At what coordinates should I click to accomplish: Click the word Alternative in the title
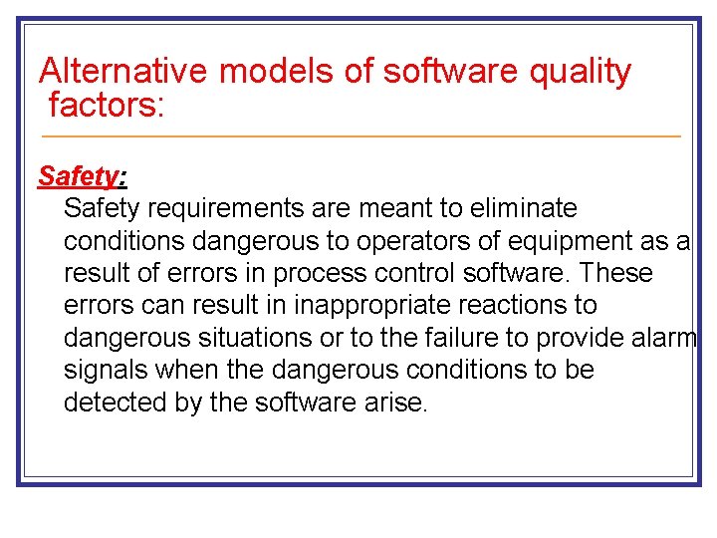click(122, 72)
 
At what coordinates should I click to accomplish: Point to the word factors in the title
click(103, 104)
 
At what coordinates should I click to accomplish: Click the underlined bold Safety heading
click(79, 176)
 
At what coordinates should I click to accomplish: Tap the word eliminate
click(523, 209)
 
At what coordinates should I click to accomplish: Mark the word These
click(615, 273)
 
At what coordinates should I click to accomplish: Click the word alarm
click(665, 338)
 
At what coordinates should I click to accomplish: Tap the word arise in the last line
click(400, 403)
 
